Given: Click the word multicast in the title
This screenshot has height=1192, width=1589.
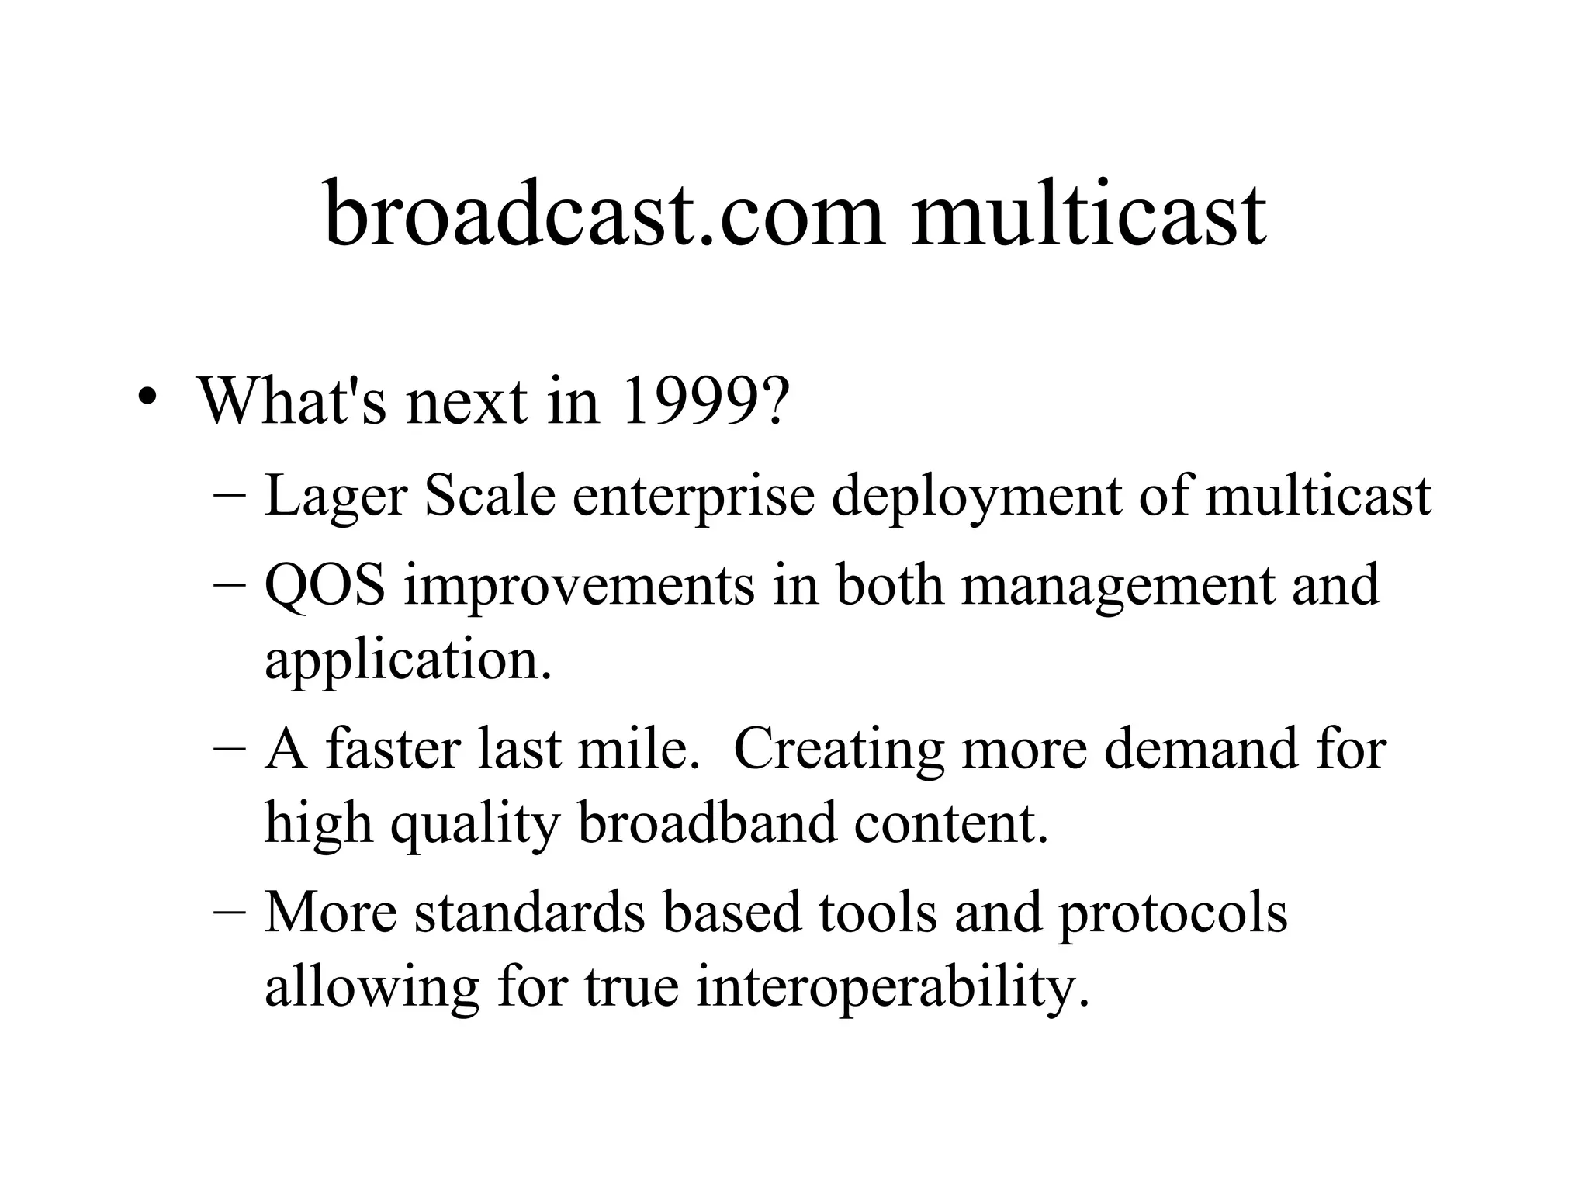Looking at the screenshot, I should pos(1089,213).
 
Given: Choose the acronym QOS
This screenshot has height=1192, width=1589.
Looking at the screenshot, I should pos(324,584).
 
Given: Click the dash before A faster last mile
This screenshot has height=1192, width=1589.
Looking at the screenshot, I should pos(229,750).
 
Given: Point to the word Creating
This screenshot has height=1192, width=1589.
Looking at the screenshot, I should pos(839,749).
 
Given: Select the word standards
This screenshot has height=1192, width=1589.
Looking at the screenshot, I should pos(529,913).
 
